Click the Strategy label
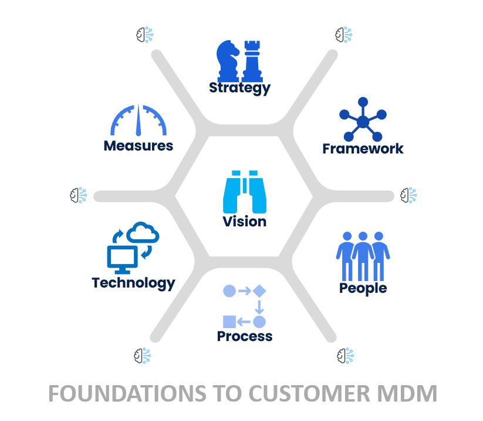tap(239, 88)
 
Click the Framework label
tap(363, 148)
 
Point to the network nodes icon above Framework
tap(363, 120)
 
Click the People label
tap(363, 288)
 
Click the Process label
tap(245, 336)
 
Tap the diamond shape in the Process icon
tap(259, 290)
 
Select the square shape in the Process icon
tap(229, 322)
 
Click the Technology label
tap(133, 283)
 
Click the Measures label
tap(139, 145)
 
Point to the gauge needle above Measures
tap(139, 121)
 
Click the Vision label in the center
tap(245, 222)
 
